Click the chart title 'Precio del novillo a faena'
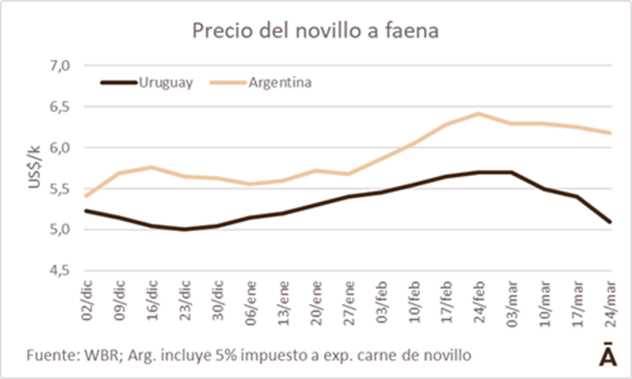[316, 30]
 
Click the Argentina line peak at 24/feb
[478, 113]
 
